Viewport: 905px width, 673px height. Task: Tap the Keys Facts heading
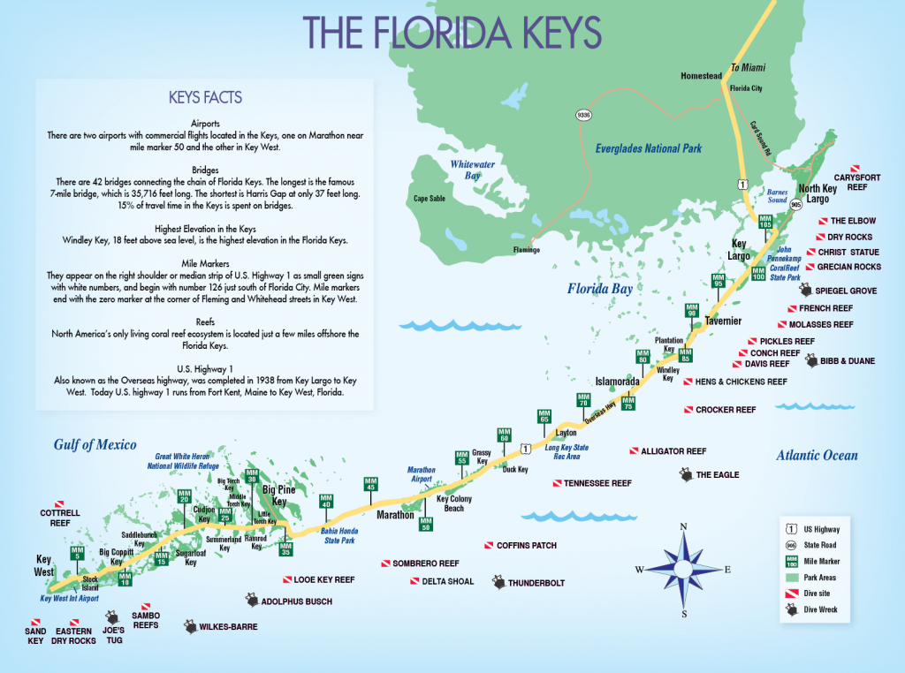205,97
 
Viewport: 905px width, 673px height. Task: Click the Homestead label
701,76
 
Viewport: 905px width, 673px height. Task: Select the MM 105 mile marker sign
764,222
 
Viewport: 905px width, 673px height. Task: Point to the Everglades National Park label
648,148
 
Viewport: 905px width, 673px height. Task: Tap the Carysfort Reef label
856,182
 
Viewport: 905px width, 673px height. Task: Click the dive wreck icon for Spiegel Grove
805,290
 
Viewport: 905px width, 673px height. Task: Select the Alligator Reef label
673,450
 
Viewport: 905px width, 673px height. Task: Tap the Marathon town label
395,515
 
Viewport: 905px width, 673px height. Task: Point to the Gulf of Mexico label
95,445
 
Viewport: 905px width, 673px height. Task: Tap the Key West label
43,565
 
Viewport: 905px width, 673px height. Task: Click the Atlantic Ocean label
817,456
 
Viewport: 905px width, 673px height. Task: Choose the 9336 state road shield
582,116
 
